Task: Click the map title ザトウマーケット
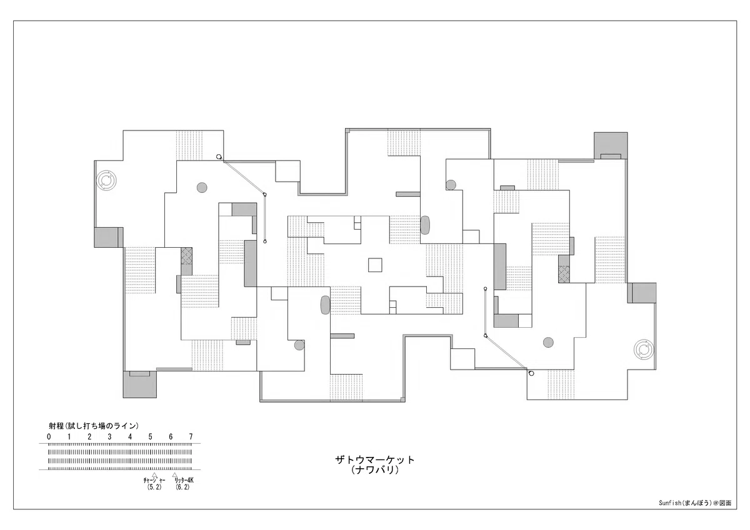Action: click(x=374, y=460)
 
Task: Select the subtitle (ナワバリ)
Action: click(x=374, y=470)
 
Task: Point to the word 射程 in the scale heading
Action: click(x=56, y=426)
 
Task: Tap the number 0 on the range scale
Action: click(x=49, y=436)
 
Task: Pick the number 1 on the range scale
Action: click(x=69, y=436)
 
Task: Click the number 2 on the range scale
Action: click(x=89, y=436)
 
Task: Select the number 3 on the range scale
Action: click(x=109, y=436)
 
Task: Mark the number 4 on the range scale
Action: click(x=130, y=436)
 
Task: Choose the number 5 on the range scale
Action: click(x=151, y=436)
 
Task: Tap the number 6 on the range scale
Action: click(x=171, y=436)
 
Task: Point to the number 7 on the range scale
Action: click(x=191, y=436)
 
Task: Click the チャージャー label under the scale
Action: click(x=154, y=480)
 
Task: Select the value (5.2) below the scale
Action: click(x=154, y=487)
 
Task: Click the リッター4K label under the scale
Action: click(x=184, y=480)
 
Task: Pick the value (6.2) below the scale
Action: click(x=182, y=487)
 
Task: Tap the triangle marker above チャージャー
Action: click(x=154, y=475)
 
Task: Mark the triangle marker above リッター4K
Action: click(x=174, y=475)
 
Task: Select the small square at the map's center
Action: click(x=375, y=265)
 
